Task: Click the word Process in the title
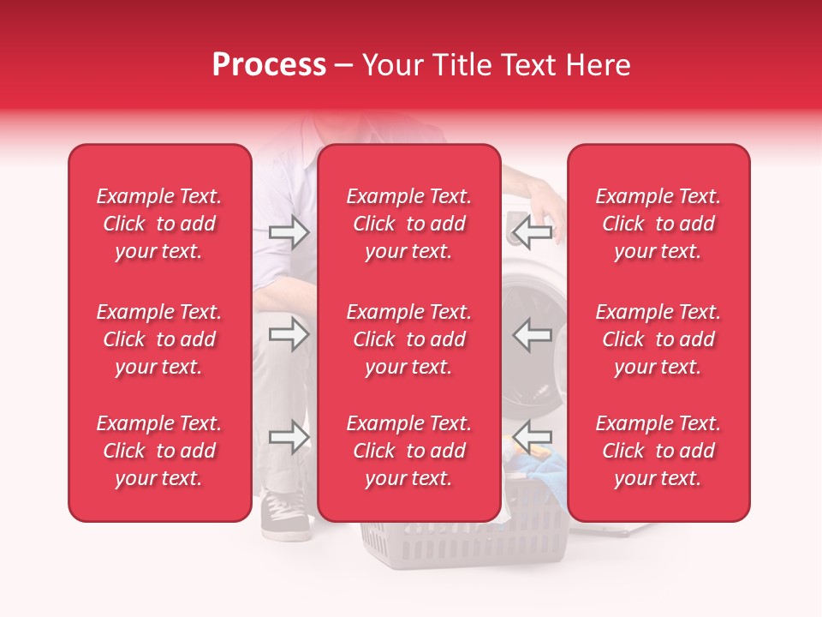coord(269,65)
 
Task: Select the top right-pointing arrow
coord(289,232)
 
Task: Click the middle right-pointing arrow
coord(289,334)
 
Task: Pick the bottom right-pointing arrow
coord(289,437)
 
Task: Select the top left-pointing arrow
coord(532,232)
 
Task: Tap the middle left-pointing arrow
coord(532,334)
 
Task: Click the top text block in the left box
coord(159,224)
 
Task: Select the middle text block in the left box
coord(159,339)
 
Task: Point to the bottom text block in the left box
coord(159,451)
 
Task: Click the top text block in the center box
coord(408,224)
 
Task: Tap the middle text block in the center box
coord(408,339)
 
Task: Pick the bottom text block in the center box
coord(408,451)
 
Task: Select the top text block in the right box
coord(658,224)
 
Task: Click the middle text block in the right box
coord(658,339)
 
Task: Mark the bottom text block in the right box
coord(658,451)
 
